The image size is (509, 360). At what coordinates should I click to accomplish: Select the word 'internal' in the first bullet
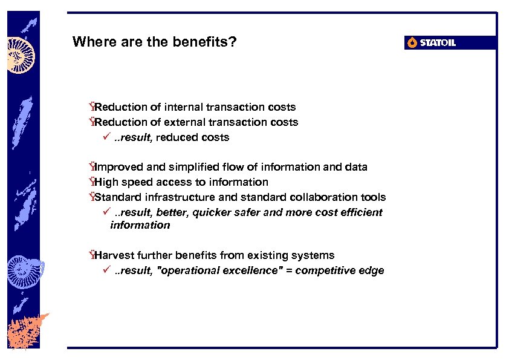coord(183,107)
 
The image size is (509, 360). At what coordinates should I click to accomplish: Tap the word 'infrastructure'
coord(173,197)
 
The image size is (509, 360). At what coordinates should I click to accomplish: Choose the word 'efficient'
coord(362,212)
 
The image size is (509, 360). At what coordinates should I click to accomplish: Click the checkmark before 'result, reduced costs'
coord(105,137)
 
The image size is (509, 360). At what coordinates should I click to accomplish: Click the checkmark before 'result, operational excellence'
coord(105,270)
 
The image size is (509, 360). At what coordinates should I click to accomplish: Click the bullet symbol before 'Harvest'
coord(91,255)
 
